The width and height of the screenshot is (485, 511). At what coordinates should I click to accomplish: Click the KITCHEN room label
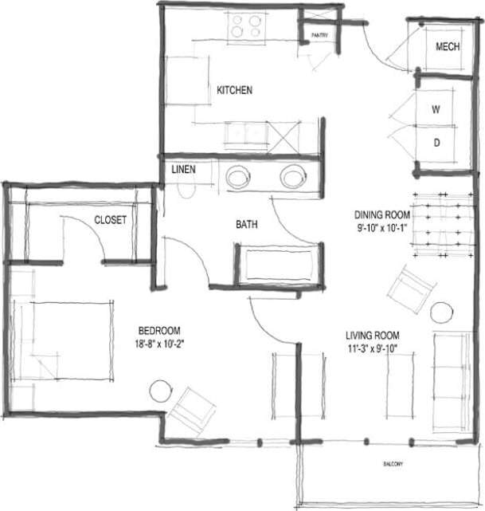pos(234,90)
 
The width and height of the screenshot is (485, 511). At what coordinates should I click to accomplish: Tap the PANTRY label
pos(319,35)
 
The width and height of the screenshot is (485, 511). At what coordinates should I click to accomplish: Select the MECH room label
pos(448,47)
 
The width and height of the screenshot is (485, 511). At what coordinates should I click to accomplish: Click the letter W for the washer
pos(436,110)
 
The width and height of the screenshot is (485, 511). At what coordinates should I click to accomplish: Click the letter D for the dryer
pos(436,143)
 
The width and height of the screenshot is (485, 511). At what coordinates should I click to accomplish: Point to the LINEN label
pos(183,170)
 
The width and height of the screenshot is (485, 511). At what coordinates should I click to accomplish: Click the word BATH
pos(246,225)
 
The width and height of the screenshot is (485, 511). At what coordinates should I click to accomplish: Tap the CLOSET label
pos(110,220)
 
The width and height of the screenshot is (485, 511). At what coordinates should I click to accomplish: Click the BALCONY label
pos(391,465)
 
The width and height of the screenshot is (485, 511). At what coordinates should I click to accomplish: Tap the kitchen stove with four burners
pos(247,28)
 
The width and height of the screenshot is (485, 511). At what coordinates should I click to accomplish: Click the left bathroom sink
pos(238,176)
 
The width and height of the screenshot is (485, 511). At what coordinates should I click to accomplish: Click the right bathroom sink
pos(292,176)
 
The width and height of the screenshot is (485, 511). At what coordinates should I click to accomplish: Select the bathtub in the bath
pos(279,265)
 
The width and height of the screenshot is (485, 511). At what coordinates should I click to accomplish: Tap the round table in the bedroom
pos(160,391)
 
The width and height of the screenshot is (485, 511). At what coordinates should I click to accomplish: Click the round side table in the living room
pos(442,312)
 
